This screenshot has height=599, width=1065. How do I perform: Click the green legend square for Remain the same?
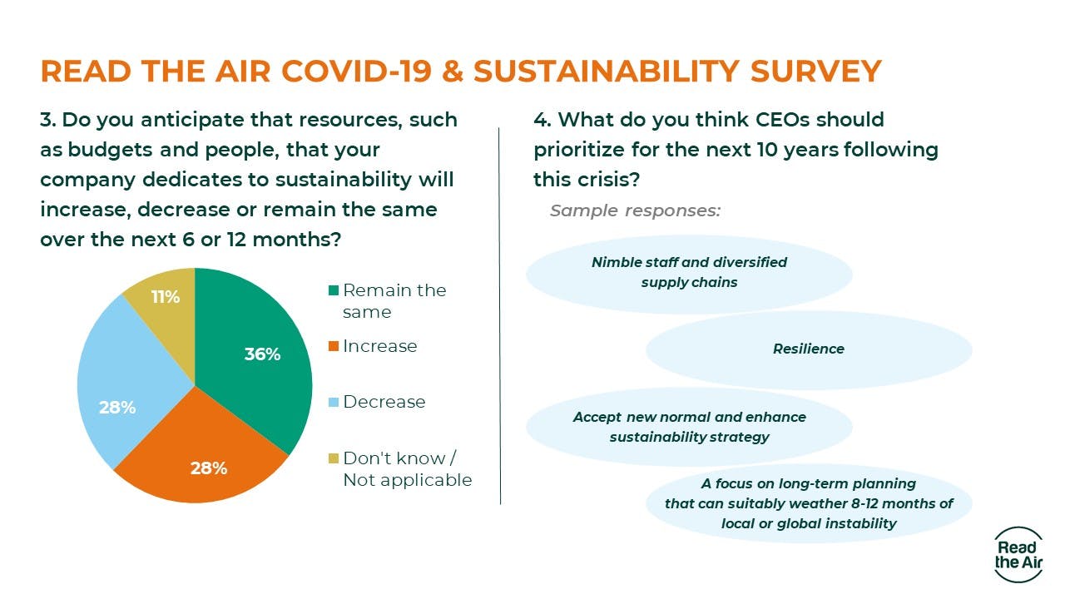(334, 290)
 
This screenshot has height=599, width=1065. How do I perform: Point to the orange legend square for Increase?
(334, 346)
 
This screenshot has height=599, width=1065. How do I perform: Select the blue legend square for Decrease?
(334, 402)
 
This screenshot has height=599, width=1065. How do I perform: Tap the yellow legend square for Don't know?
(334, 458)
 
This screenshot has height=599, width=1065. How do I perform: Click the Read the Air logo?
(1016, 554)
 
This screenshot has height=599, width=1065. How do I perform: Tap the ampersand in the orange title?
(452, 72)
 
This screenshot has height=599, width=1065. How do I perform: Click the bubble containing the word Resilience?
(808, 349)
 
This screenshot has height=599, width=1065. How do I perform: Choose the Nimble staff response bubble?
(689, 272)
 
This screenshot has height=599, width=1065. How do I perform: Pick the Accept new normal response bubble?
(689, 427)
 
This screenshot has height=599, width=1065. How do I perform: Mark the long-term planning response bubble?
(808, 503)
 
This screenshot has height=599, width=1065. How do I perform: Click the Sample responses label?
(635, 210)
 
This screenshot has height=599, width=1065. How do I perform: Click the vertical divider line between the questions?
(500, 316)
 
